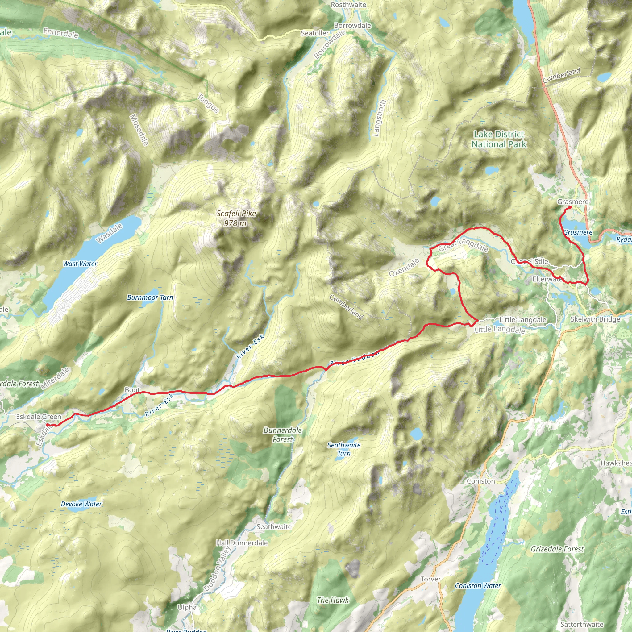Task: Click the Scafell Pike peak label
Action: (236, 218)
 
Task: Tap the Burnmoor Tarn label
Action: (150, 297)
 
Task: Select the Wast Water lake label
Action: (80, 264)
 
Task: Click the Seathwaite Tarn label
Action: (344, 449)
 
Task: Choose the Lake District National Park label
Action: (499, 139)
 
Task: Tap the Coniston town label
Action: (480, 481)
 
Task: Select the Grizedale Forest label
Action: (557, 549)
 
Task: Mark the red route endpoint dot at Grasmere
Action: (570, 207)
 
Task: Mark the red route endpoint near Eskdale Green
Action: (47, 425)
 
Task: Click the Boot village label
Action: (132, 390)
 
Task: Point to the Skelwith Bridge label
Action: (595, 319)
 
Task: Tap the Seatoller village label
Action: (315, 33)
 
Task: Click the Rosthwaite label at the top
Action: (348, 5)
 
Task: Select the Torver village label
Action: (430, 579)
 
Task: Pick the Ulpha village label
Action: (187, 607)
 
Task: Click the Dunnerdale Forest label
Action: (283, 435)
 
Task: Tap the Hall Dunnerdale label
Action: (242, 543)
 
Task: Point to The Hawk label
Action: (333, 600)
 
